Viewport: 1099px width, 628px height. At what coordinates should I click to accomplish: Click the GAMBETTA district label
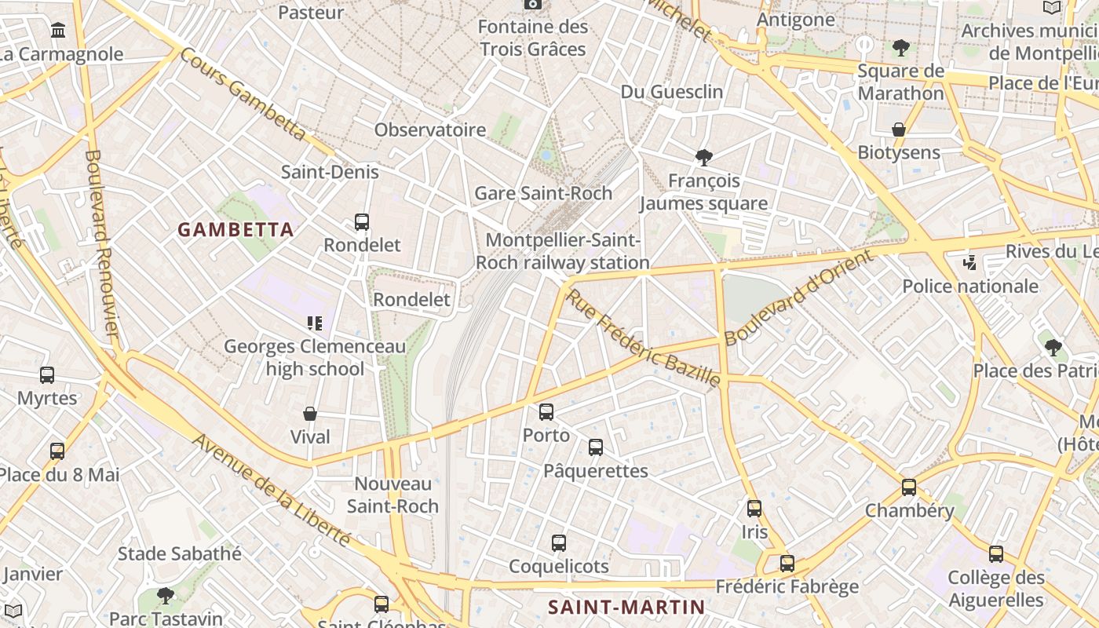click(235, 230)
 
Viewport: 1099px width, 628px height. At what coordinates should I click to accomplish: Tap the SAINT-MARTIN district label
click(626, 607)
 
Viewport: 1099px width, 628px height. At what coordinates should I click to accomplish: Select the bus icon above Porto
click(546, 411)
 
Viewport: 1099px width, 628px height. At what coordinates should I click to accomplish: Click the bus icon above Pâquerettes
click(596, 447)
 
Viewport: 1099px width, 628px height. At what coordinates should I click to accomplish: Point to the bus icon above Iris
click(754, 509)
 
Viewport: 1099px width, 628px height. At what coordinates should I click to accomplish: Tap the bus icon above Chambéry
click(909, 487)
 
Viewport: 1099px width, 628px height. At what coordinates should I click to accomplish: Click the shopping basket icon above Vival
click(310, 414)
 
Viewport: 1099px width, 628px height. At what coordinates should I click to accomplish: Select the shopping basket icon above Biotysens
click(899, 130)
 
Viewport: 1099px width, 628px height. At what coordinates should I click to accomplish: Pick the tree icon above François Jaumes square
click(704, 158)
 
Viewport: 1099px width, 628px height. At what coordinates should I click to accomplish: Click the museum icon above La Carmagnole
click(58, 31)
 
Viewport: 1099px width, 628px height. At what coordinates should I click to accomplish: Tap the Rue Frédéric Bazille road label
click(643, 338)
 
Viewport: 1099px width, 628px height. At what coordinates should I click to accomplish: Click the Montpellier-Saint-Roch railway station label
click(562, 251)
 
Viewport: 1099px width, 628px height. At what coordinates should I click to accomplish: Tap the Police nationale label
click(970, 286)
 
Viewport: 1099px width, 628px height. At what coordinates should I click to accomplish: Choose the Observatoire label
click(430, 130)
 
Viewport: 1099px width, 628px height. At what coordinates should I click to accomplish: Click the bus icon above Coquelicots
click(559, 543)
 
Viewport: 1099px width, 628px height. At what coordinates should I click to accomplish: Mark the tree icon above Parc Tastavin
click(165, 595)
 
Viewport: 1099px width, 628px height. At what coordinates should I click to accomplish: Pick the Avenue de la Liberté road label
click(271, 490)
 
